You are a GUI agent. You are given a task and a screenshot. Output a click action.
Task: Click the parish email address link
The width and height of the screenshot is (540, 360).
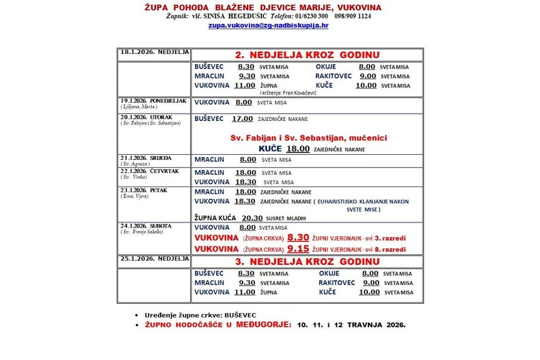(x=269, y=24)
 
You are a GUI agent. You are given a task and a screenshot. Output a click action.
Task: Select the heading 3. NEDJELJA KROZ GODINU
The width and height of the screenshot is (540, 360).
(x=307, y=261)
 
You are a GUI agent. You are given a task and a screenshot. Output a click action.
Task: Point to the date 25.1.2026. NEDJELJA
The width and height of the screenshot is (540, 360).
(x=154, y=258)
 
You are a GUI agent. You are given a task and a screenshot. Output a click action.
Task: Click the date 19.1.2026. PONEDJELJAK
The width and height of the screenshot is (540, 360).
(x=153, y=100)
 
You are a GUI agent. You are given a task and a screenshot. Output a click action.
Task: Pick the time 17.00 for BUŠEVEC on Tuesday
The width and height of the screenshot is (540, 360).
(x=242, y=118)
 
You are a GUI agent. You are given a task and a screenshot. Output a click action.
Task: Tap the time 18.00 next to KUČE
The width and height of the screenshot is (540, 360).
(x=299, y=148)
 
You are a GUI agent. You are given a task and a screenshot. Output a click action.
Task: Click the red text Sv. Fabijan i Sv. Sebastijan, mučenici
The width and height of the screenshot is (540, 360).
(x=306, y=137)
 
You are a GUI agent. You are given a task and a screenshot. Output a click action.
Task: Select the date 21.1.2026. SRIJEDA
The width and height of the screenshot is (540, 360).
(x=143, y=157)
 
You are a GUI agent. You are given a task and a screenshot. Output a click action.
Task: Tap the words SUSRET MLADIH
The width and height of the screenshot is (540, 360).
(x=288, y=217)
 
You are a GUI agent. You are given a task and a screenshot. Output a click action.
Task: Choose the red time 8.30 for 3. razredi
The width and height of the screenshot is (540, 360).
(x=298, y=236)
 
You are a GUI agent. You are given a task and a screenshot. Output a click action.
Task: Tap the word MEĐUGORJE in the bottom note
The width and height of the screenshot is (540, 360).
(x=255, y=325)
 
